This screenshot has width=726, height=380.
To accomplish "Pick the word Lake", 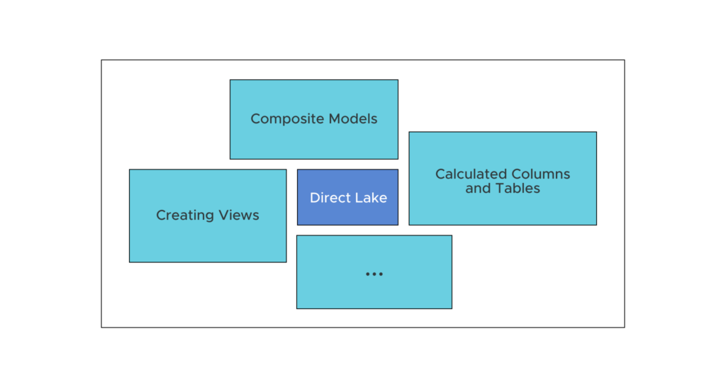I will click(x=370, y=198).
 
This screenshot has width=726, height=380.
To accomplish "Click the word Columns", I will click(x=540, y=174).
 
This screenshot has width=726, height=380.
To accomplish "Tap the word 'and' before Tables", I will click(x=477, y=189).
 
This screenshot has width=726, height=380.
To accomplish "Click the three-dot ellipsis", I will click(x=374, y=274).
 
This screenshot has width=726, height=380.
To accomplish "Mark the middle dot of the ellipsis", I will click(x=374, y=274).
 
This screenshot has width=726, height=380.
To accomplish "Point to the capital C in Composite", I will click(x=255, y=119).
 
